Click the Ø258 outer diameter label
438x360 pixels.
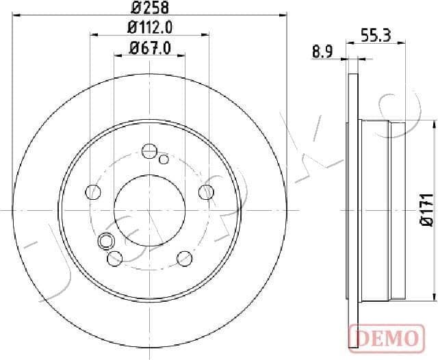[x=150, y=9]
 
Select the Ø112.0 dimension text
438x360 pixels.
[x=150, y=29]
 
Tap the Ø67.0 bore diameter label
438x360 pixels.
[x=150, y=49]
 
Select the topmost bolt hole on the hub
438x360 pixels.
[x=149, y=151]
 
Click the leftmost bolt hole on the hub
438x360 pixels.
[x=92, y=192]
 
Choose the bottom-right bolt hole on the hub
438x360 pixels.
[x=184, y=257]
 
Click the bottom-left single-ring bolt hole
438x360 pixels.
[x=115, y=257]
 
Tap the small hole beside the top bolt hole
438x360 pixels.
[x=164, y=159]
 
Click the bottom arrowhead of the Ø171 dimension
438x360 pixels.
[x=433, y=297]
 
